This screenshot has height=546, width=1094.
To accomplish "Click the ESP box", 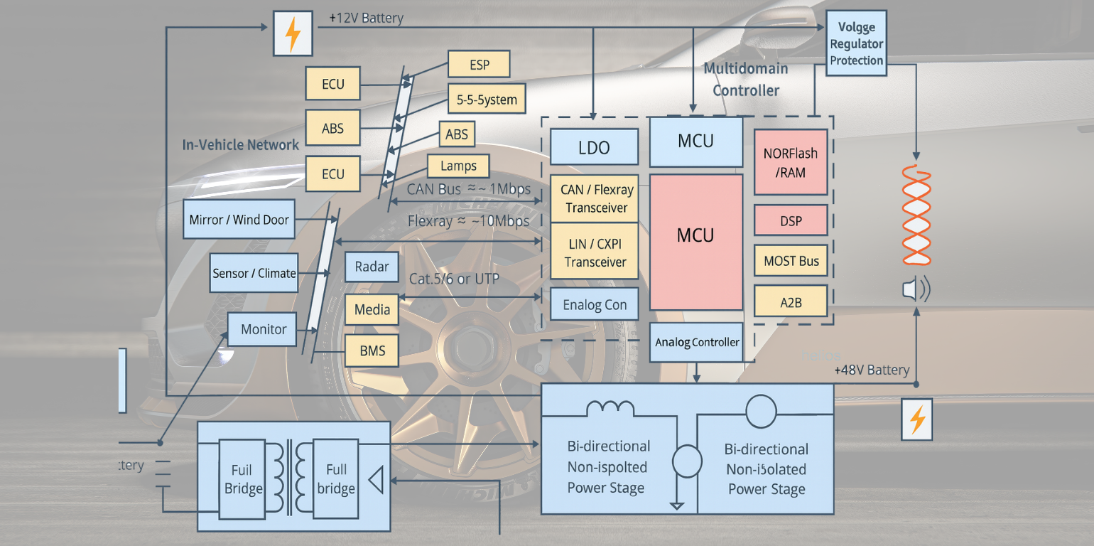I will (479, 64).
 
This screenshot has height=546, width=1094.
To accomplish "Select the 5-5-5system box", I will (487, 99).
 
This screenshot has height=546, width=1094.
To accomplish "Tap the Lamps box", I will (458, 166).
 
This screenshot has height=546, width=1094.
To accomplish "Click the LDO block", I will (594, 147).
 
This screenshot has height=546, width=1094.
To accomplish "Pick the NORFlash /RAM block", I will (791, 161).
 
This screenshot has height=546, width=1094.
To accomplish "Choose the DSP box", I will (791, 220).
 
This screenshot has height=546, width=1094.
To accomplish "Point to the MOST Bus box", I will (791, 261).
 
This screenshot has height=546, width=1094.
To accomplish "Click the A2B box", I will (791, 301).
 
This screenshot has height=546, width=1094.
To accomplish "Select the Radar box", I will (372, 267).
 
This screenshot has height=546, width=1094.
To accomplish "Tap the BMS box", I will (372, 350).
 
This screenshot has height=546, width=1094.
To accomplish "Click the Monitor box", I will (263, 329).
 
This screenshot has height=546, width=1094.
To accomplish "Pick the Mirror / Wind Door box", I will (239, 220).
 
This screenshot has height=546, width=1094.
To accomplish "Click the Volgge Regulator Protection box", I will (856, 43).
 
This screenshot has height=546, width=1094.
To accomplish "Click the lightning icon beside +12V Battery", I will (293, 33).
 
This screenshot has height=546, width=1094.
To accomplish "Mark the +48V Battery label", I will (872, 370).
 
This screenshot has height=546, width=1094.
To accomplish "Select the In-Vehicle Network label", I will (241, 145).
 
